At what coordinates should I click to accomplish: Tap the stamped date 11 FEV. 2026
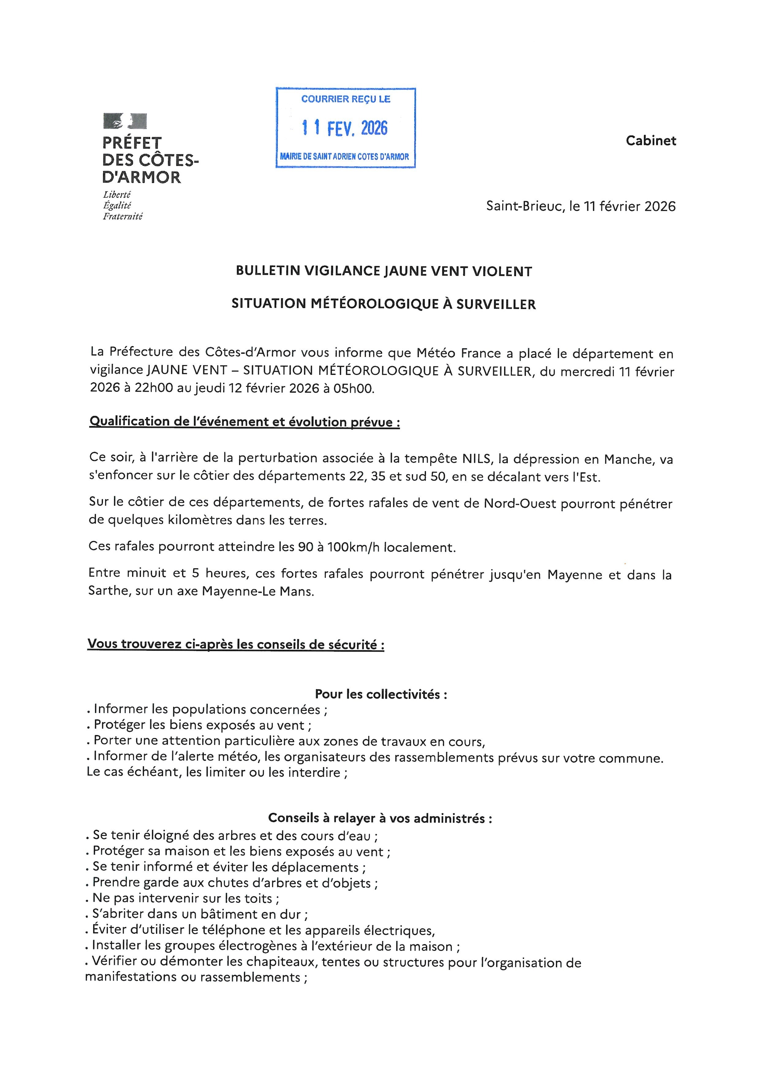(345, 128)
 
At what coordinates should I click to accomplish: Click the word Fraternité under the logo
(123, 216)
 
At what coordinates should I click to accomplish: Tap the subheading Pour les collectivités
(381, 694)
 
